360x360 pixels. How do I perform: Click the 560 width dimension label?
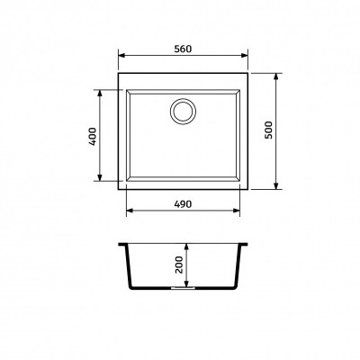pos(183,49)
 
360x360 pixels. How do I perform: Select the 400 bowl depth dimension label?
pos(93,136)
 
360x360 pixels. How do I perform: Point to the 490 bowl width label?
pos(183,204)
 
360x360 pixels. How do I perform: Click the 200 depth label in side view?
pos(179,265)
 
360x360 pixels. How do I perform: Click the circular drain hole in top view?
pos(183,111)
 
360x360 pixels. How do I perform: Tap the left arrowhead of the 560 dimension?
pos(121,55)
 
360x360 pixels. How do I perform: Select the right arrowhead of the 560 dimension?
pos(245,55)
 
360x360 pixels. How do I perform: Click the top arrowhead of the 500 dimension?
pos(276,76)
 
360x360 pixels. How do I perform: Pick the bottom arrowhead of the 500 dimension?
pos(276,186)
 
